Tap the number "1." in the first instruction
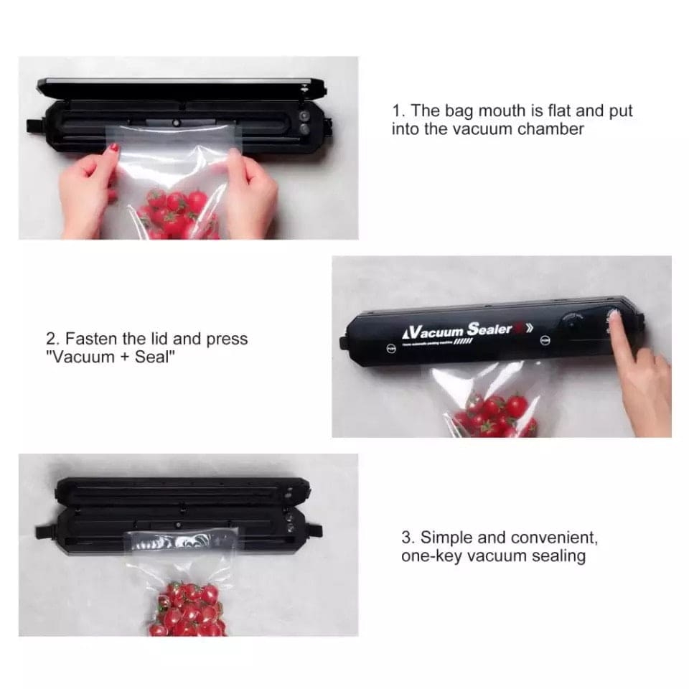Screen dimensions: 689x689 [399, 111]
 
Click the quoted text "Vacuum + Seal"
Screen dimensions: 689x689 [111, 357]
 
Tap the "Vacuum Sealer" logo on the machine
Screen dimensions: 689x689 [459, 331]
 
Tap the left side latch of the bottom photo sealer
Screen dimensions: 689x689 [44, 531]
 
